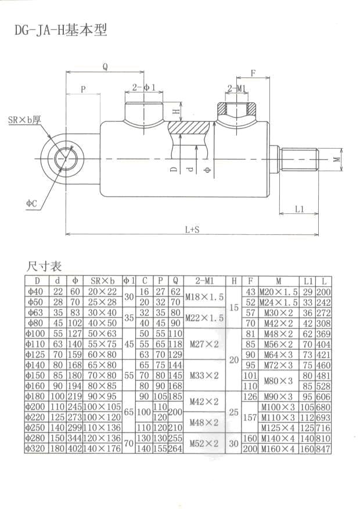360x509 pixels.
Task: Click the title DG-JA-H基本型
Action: [61, 30]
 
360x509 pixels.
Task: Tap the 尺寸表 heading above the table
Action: [44, 267]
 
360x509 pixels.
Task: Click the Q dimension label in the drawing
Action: [105, 66]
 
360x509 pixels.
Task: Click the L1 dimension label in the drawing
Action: [299, 208]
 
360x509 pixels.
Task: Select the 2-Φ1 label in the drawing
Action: [144, 87]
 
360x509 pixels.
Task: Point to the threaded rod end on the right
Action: [298, 158]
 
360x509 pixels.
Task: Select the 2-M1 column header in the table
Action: [204, 281]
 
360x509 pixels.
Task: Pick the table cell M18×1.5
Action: [204, 297]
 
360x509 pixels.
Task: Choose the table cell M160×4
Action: [278, 449]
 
